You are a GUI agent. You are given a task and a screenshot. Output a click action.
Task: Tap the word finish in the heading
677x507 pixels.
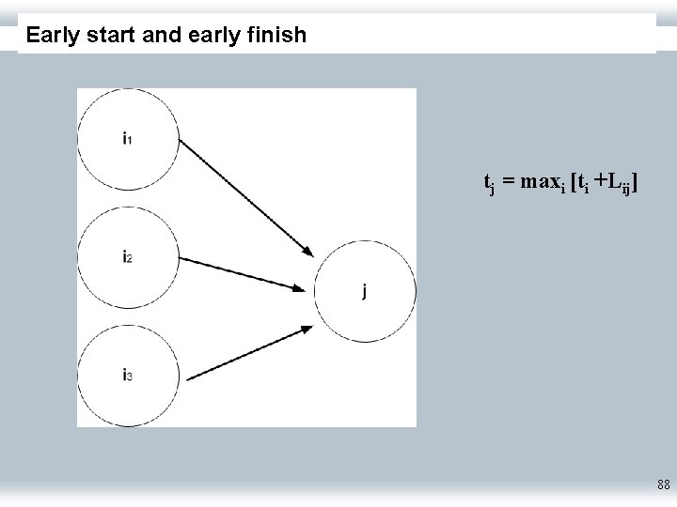click(278, 36)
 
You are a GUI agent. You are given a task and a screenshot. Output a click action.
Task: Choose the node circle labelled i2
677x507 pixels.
click(128, 255)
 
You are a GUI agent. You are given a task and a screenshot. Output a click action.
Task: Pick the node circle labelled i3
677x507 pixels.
click(128, 376)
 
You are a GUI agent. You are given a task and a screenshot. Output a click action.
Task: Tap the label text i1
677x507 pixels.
click(127, 138)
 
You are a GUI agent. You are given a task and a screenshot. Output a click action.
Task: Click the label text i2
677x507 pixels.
click(127, 255)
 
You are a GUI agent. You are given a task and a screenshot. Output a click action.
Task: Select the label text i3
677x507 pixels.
click(127, 376)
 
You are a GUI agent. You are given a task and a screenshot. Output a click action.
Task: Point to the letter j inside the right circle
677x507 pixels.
click(365, 290)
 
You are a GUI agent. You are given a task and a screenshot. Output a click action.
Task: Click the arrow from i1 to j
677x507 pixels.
click(245, 197)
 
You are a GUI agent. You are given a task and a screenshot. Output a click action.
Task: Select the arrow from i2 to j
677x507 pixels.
click(245, 273)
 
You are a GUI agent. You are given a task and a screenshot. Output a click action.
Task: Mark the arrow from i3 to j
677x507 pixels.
click(248, 352)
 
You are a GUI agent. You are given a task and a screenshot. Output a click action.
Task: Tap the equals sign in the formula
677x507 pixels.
click(508, 182)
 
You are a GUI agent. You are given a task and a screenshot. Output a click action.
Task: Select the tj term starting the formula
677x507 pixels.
click(489, 184)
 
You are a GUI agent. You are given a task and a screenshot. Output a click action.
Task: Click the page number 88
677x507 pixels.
click(664, 485)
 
